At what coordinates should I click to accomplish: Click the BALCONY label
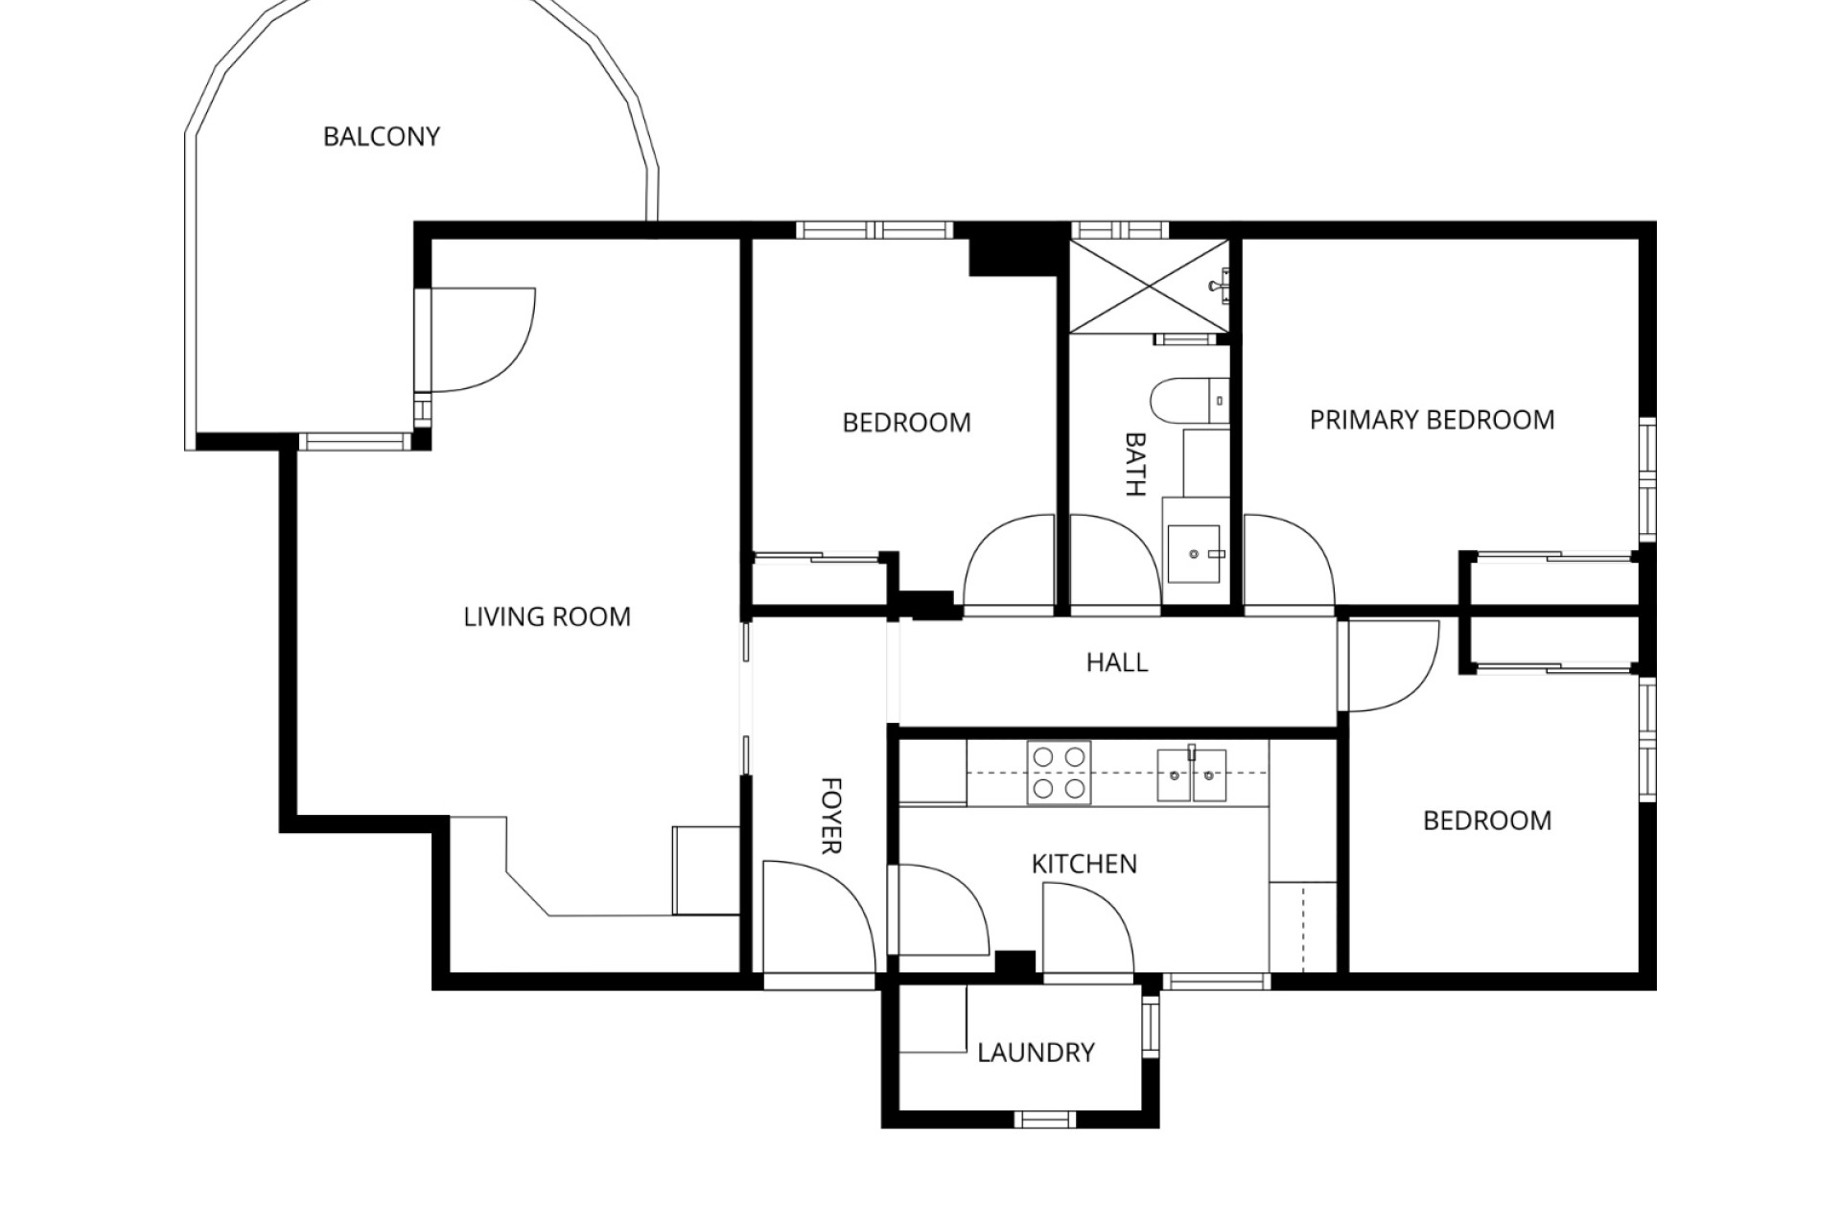coord(381,137)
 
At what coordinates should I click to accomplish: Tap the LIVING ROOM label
coord(547,616)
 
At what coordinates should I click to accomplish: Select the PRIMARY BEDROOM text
coord(1432,420)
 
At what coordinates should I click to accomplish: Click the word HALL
coord(1116,662)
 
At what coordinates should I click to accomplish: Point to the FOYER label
coord(830,815)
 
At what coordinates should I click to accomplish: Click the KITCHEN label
coord(1084,864)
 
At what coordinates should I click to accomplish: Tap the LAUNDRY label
coord(1036,1053)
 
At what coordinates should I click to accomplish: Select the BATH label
coord(1134,464)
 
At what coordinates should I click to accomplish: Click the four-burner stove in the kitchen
coord(1059,773)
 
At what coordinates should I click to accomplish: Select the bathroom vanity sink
coord(1194,553)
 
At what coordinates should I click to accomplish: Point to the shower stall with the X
coord(1149,287)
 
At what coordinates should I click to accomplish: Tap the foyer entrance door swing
coord(815,915)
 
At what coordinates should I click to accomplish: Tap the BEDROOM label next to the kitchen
coord(1486,821)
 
